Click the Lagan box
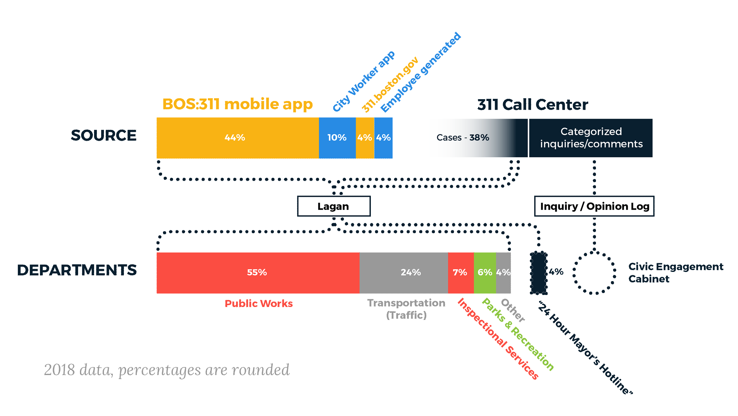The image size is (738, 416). (334, 206)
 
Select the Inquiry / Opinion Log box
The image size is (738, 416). (594, 206)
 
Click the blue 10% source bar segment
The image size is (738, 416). (337, 138)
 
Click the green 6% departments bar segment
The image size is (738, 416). (485, 273)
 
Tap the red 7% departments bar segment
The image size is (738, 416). (460, 273)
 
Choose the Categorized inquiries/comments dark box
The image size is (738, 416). (591, 138)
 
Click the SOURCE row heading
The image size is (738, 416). (104, 135)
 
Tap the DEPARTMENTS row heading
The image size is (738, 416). (77, 270)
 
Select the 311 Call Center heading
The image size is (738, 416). (533, 105)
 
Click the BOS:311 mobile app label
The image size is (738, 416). (237, 104)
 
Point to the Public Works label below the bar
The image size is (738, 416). (259, 304)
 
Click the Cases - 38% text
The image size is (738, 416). (463, 138)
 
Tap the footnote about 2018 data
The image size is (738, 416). (167, 370)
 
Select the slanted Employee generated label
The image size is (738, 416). (421, 72)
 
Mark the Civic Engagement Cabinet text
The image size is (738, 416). (675, 273)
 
